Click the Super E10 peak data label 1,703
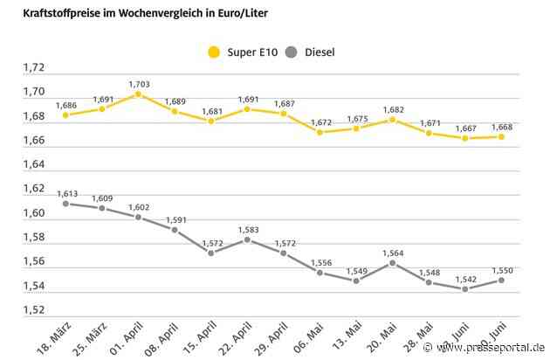point(140,85)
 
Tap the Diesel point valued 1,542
point(464,289)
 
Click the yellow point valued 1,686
point(66,114)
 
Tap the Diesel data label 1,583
point(248,230)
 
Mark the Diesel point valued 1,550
point(501,280)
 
